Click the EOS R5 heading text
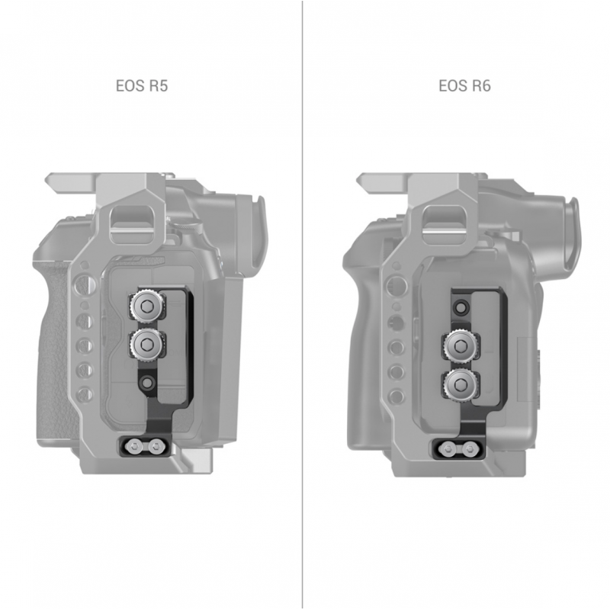[x=142, y=85]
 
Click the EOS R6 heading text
[x=464, y=85]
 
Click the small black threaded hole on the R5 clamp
[x=147, y=383]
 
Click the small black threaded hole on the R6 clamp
[x=461, y=307]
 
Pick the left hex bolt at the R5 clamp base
[x=135, y=445]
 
